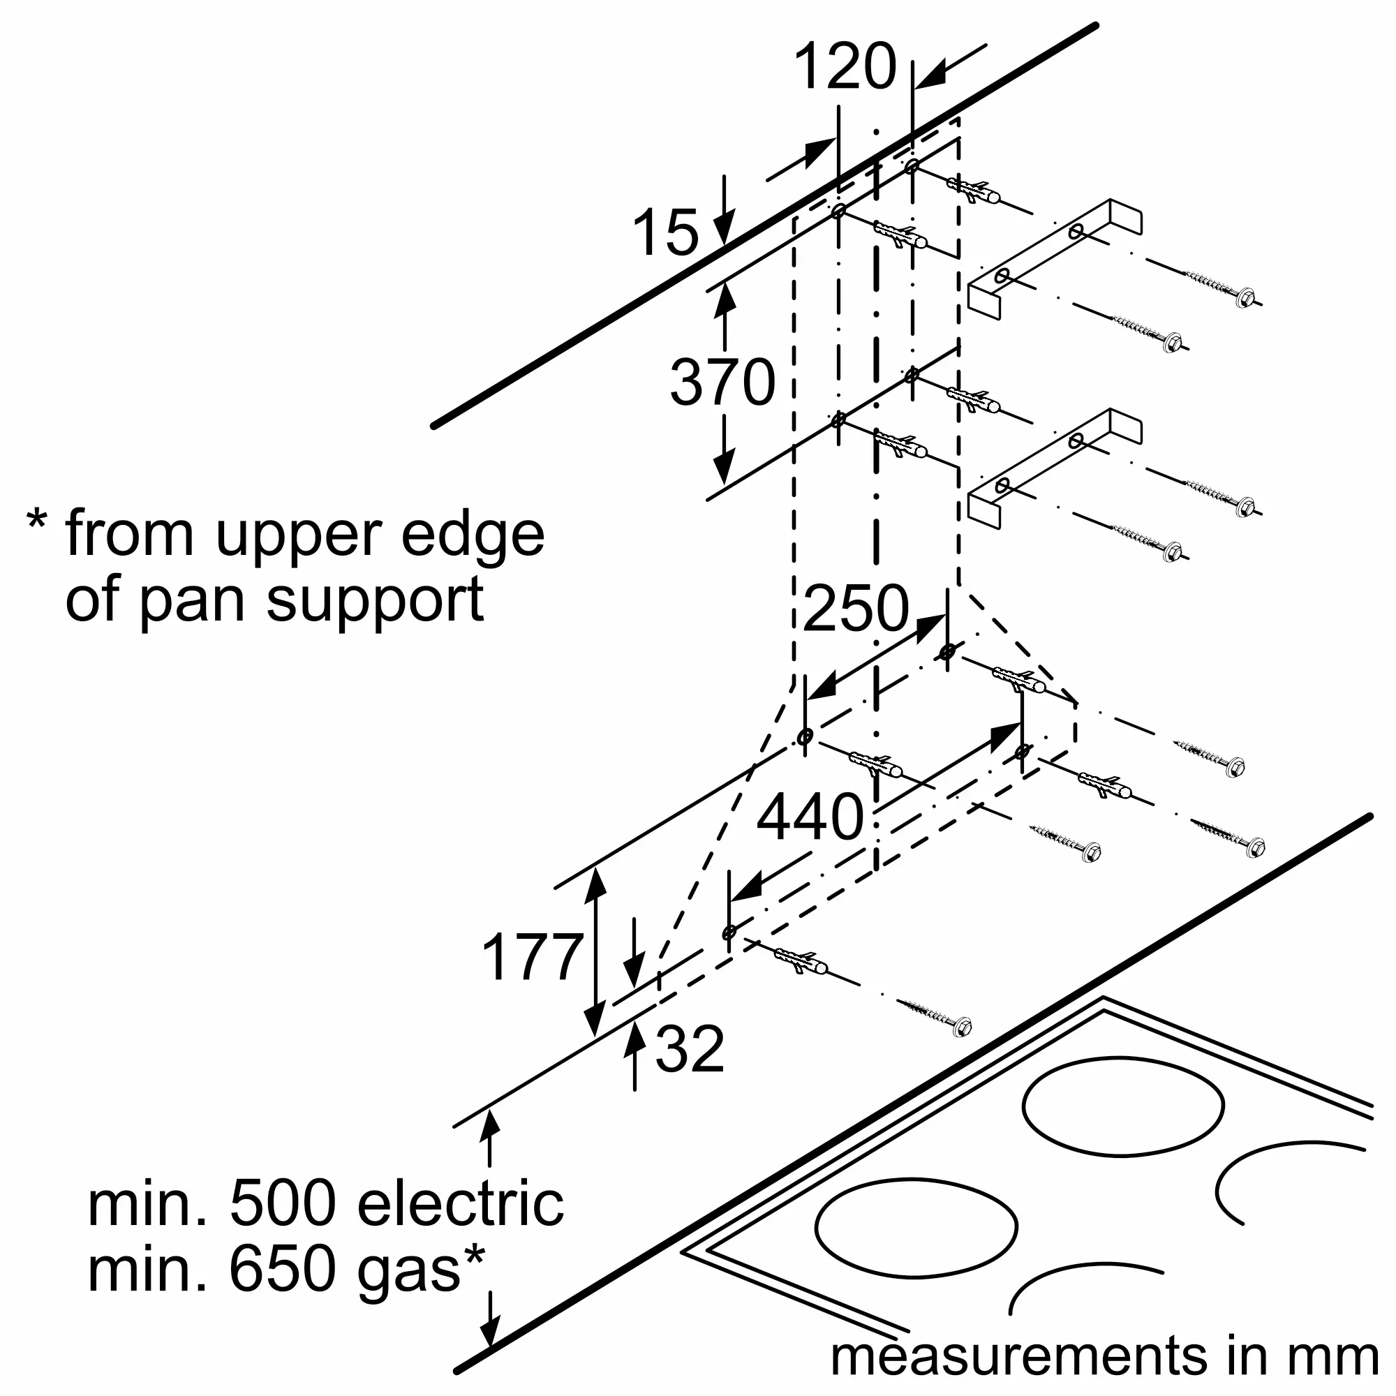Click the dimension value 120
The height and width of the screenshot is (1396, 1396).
click(x=845, y=67)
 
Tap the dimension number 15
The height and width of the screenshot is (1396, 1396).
click(x=665, y=233)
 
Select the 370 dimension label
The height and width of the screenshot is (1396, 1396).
click(x=722, y=383)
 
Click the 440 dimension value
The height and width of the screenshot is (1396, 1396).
click(x=810, y=817)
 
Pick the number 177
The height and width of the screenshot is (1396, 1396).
click(x=533, y=958)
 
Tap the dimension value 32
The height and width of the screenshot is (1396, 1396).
click(x=690, y=1048)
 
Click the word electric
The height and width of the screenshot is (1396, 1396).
click(x=460, y=1204)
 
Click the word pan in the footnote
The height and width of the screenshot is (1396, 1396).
click(x=191, y=600)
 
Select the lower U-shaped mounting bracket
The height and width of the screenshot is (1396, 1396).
click(x=1055, y=470)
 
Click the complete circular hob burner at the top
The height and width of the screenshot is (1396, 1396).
click(x=1123, y=1106)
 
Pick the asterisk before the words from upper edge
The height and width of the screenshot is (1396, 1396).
click(x=37, y=521)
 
